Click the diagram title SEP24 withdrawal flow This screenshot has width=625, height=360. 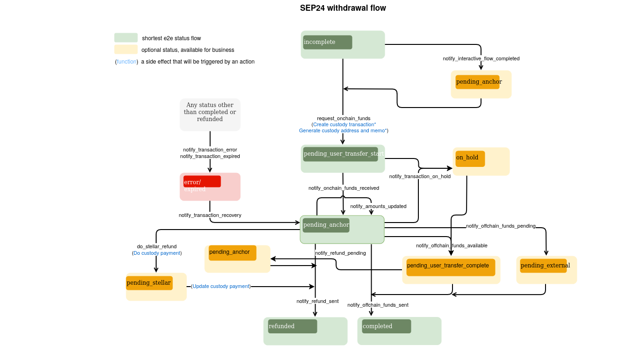click(343, 8)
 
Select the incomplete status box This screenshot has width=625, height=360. click(343, 44)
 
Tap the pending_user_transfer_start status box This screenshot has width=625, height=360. click(343, 158)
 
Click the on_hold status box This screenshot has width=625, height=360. click(481, 161)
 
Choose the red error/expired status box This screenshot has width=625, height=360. click(210, 187)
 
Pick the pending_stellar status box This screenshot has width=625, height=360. click(156, 287)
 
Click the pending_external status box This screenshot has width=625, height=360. click(546, 270)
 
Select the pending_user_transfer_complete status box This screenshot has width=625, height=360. click(451, 270)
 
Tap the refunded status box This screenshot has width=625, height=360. click(305, 331)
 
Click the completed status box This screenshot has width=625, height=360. click(399, 331)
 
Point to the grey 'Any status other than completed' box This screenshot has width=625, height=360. click(210, 114)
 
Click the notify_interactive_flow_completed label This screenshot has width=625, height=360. click(481, 58)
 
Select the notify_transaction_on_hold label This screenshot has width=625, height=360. click(420, 176)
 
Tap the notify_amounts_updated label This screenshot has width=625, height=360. click(378, 206)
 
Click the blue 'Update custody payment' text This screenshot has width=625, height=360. click(221, 286)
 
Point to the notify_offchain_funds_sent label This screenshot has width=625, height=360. click(378, 305)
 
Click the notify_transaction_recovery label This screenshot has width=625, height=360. click(210, 215)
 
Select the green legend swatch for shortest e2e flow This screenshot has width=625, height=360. click(126, 38)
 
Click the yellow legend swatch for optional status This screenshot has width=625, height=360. click(126, 50)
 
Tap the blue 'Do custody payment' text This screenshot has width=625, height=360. click(157, 253)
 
